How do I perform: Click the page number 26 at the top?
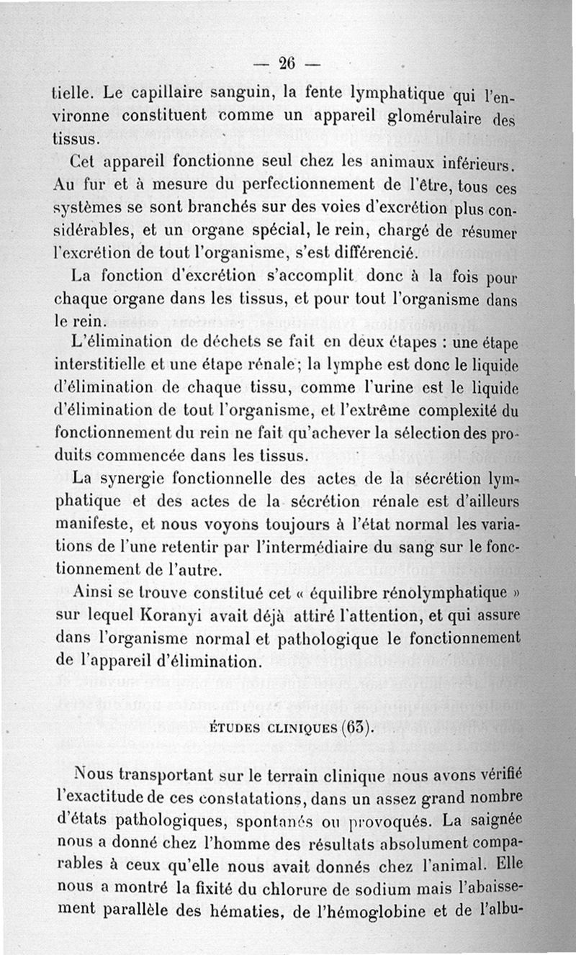pyautogui.click(x=287, y=63)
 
